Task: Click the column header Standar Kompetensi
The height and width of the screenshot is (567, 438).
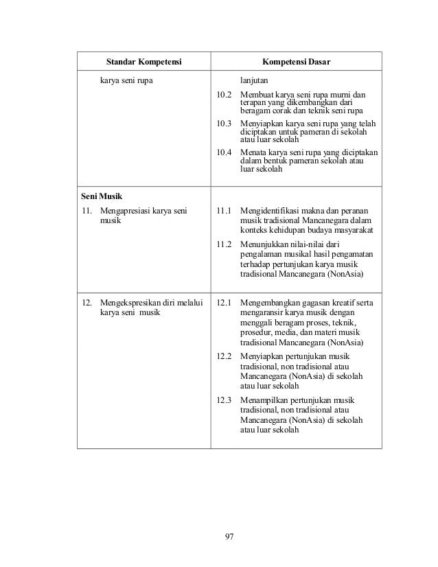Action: pyautogui.click(x=143, y=63)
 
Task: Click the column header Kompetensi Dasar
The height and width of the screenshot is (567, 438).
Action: pyautogui.click(x=296, y=63)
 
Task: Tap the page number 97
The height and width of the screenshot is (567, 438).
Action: pyautogui.click(x=229, y=536)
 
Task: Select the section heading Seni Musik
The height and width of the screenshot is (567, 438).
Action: pyautogui.click(x=97, y=198)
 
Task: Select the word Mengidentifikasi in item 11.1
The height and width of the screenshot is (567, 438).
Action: pyautogui.click(x=270, y=210)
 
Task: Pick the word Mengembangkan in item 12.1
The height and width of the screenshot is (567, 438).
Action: pyautogui.click(x=270, y=301)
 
